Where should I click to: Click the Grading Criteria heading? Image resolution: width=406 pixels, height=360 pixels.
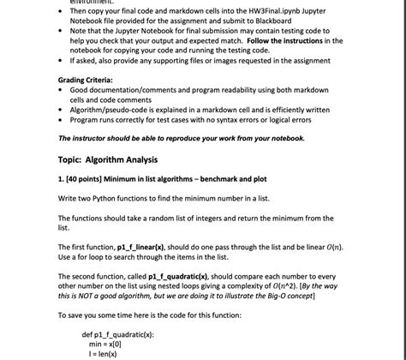(86, 80)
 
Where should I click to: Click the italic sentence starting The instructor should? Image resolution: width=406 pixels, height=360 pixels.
(181, 138)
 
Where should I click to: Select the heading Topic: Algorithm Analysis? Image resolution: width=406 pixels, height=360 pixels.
(108, 159)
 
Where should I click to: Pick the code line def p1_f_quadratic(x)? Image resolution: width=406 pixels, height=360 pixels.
(117, 334)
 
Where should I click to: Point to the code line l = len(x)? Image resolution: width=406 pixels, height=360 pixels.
(104, 353)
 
